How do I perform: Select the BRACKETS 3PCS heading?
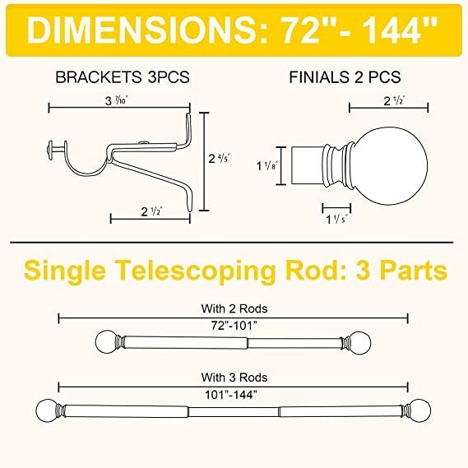123,77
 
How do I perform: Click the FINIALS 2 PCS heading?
345,77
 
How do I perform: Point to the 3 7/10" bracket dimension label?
117,100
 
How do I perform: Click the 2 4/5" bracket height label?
220,158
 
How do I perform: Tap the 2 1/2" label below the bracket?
152,211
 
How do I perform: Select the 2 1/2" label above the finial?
394,101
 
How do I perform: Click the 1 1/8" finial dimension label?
267,165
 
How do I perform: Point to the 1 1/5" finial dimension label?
336,220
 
